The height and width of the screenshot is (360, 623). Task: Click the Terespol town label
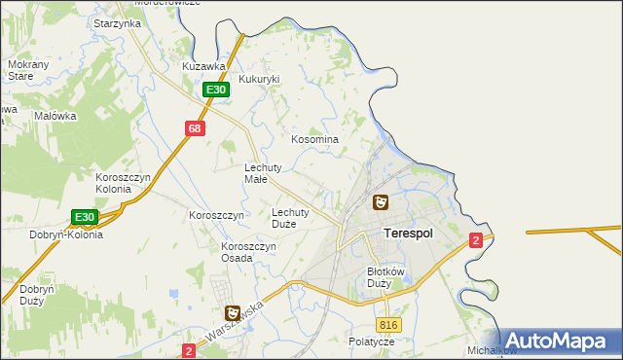pyautogui.click(x=408, y=234)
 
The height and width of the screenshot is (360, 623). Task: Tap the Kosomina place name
pyautogui.click(x=315, y=139)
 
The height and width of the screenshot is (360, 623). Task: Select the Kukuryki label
pyautogui.click(x=259, y=80)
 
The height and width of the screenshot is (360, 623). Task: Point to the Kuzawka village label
pyautogui.click(x=204, y=66)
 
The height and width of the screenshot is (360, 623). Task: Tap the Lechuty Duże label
pyautogui.click(x=290, y=217)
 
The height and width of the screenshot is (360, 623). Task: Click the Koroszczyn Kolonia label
pyautogui.click(x=121, y=183)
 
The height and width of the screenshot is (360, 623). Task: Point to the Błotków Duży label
pyautogui.click(x=385, y=277)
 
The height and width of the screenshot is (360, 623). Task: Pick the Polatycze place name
pyautogui.click(x=371, y=342)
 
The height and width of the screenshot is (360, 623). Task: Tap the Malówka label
pyautogui.click(x=55, y=115)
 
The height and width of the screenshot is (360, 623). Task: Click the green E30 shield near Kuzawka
pyautogui.click(x=216, y=90)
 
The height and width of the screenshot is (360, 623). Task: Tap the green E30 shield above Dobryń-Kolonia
pyautogui.click(x=85, y=217)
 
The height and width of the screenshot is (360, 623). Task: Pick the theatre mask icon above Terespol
pyautogui.click(x=381, y=202)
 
